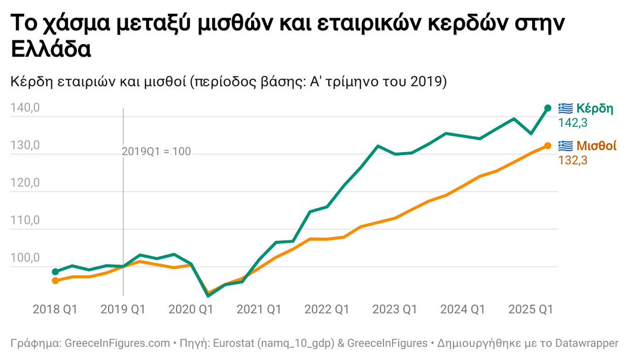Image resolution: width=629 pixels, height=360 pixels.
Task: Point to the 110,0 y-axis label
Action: [x=25, y=221]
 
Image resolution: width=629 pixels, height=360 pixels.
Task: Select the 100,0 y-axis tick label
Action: [x=25, y=258]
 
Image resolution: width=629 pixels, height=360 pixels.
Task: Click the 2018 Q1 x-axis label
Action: [x=55, y=310]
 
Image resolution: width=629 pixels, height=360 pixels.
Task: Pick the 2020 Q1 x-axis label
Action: [x=190, y=310]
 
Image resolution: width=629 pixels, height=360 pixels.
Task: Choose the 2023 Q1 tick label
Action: [x=394, y=310]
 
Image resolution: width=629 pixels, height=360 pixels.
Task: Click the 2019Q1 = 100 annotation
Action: [x=156, y=152]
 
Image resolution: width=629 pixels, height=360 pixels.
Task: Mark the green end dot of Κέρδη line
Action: [x=548, y=108]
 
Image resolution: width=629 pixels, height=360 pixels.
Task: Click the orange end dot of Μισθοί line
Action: [x=548, y=146]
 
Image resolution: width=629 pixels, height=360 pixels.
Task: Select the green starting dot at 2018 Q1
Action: [x=55, y=272]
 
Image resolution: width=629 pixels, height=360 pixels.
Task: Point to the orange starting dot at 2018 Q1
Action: [x=55, y=281]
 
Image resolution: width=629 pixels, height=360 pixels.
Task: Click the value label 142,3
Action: [x=573, y=123]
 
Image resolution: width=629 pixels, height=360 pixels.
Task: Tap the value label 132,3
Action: [x=573, y=160]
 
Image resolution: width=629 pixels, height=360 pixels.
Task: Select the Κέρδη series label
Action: [x=594, y=108]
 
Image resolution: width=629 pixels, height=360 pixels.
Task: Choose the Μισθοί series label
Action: [x=596, y=146]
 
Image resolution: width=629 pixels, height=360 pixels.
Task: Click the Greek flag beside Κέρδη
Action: [x=565, y=108]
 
